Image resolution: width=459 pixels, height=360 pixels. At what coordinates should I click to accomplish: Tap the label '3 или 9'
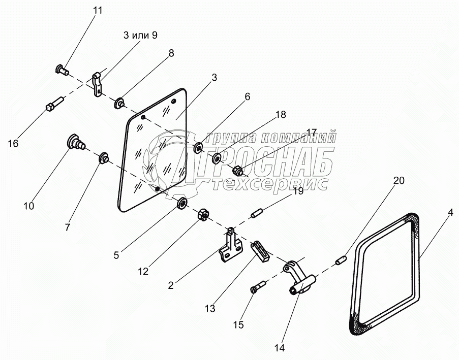pos(140,35)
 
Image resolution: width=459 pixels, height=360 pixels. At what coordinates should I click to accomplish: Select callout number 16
pos(13,144)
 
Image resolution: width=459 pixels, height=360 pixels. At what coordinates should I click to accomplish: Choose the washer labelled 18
pos(216,159)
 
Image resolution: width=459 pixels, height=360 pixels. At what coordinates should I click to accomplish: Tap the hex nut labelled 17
pos(237,170)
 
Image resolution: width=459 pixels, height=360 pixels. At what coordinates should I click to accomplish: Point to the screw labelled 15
pos(257,288)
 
